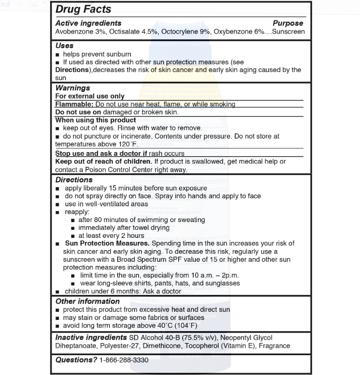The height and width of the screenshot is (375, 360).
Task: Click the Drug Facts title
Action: (x=83, y=9)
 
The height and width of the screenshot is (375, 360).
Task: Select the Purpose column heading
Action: (x=288, y=23)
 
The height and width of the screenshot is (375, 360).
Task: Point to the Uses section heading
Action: (x=64, y=46)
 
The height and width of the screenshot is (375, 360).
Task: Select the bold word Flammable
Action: (x=74, y=104)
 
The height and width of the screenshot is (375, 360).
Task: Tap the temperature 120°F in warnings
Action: (x=129, y=144)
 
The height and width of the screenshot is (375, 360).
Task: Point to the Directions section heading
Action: (x=74, y=180)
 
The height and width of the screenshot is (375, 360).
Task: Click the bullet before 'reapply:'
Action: (x=57, y=212)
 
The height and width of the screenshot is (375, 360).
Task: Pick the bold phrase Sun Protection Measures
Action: (x=107, y=243)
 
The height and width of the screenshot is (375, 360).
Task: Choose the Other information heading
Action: (x=87, y=301)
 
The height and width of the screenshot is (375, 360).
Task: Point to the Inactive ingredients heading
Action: (x=91, y=337)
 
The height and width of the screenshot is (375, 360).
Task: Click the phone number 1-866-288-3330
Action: (x=124, y=360)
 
